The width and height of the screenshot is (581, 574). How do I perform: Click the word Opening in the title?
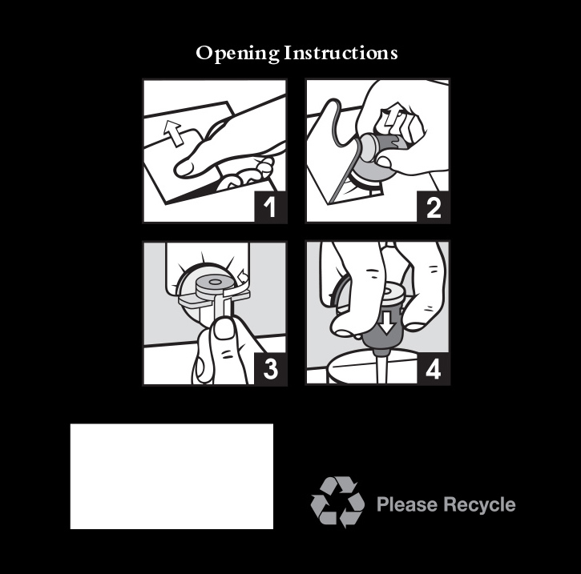point(237,54)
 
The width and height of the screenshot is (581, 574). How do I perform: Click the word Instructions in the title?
point(341,53)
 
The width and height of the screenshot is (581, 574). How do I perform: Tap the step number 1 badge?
point(271,207)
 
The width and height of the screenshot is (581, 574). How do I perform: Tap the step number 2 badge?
point(434,207)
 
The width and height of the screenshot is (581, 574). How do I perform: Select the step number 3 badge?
point(271,369)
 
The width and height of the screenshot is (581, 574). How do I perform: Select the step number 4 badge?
point(434,369)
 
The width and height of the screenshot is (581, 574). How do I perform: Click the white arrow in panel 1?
point(173,133)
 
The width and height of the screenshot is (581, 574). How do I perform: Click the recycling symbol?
point(337,502)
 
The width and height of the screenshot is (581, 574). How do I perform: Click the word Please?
point(407,504)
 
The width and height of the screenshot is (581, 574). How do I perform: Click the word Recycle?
point(479,504)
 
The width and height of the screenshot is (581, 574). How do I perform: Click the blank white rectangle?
point(171,476)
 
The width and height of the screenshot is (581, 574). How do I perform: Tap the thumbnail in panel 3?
point(224,329)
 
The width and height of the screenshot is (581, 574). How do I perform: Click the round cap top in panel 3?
point(214,283)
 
